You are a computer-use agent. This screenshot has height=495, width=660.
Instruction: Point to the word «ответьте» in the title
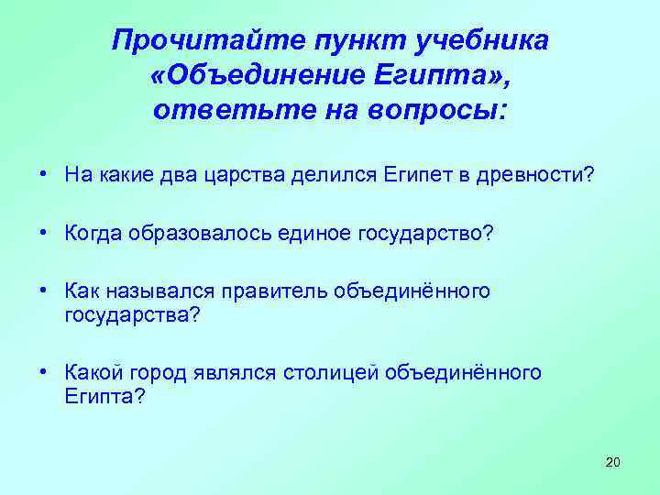[x=218, y=111]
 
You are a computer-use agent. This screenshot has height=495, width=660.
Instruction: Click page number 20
[x=613, y=461]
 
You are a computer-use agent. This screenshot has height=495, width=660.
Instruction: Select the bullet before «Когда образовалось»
[x=43, y=234]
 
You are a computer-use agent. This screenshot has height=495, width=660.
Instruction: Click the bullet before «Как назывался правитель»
[x=43, y=291]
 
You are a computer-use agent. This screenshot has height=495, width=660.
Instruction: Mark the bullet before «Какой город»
[x=43, y=373]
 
